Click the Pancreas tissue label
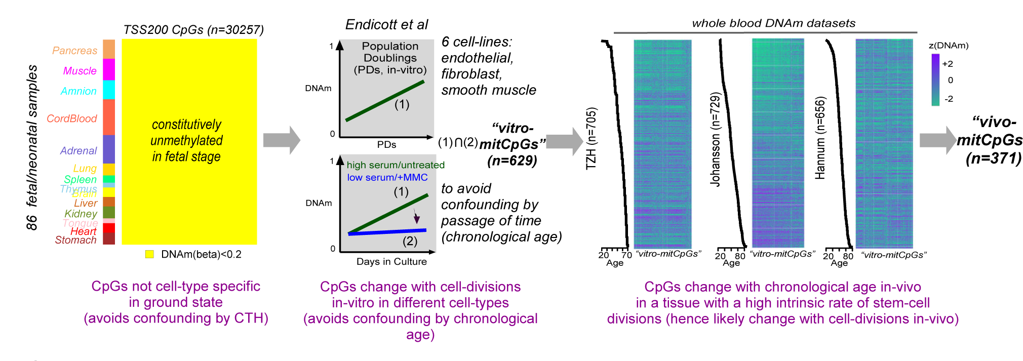74,51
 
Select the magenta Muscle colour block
109,69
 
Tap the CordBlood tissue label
71,118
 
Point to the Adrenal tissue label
78,150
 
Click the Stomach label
75,240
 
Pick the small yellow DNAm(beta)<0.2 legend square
149,254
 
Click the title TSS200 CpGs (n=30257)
193,30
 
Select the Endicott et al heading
386,24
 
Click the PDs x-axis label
386,145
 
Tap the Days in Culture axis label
391,262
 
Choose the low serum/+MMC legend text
387,177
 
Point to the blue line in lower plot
387,232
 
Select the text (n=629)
511,161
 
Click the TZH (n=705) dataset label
591,139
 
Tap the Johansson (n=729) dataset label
715,140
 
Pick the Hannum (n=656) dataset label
820,138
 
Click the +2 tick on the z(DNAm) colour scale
947,64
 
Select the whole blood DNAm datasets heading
773,23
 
